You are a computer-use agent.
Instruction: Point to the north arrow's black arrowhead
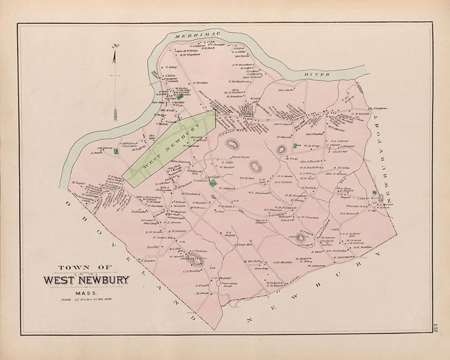(x=114, y=56)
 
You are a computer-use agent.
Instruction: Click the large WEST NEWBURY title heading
(x=87, y=280)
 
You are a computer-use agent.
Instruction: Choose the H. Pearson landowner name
(x=309, y=217)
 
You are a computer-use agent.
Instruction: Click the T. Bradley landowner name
(x=200, y=82)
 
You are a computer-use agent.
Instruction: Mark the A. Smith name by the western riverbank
(x=96, y=152)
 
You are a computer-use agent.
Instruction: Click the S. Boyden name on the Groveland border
(x=148, y=261)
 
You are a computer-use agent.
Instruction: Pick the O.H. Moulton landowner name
(x=282, y=262)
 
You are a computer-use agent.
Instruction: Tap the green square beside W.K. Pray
(x=295, y=146)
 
